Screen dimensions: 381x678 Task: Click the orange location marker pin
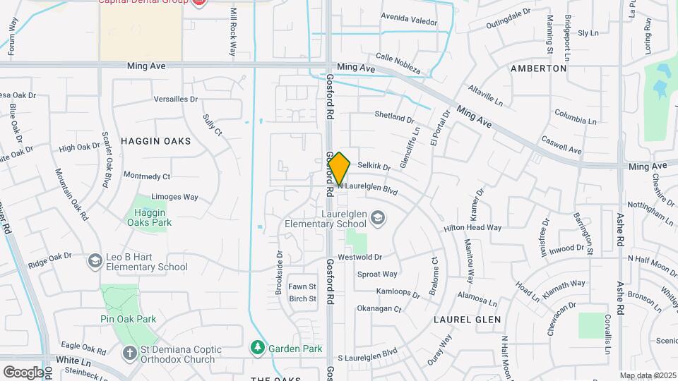340,169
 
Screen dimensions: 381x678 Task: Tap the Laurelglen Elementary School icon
378,217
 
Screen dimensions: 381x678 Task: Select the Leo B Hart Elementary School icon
94,261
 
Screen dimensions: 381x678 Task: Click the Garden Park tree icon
258,348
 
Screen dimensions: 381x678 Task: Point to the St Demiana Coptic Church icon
129,353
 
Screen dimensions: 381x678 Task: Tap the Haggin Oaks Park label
149,217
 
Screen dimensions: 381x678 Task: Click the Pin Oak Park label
128,319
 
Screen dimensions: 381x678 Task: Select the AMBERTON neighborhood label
538,68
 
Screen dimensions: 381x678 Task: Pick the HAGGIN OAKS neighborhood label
155,141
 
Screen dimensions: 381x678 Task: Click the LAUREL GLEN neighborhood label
468,320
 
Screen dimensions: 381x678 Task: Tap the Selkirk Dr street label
374,166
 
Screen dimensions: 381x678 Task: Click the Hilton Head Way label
472,228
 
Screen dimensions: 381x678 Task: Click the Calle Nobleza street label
398,63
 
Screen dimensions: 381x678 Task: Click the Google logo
23,372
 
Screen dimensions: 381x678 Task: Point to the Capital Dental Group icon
198,3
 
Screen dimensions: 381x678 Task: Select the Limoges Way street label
174,197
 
